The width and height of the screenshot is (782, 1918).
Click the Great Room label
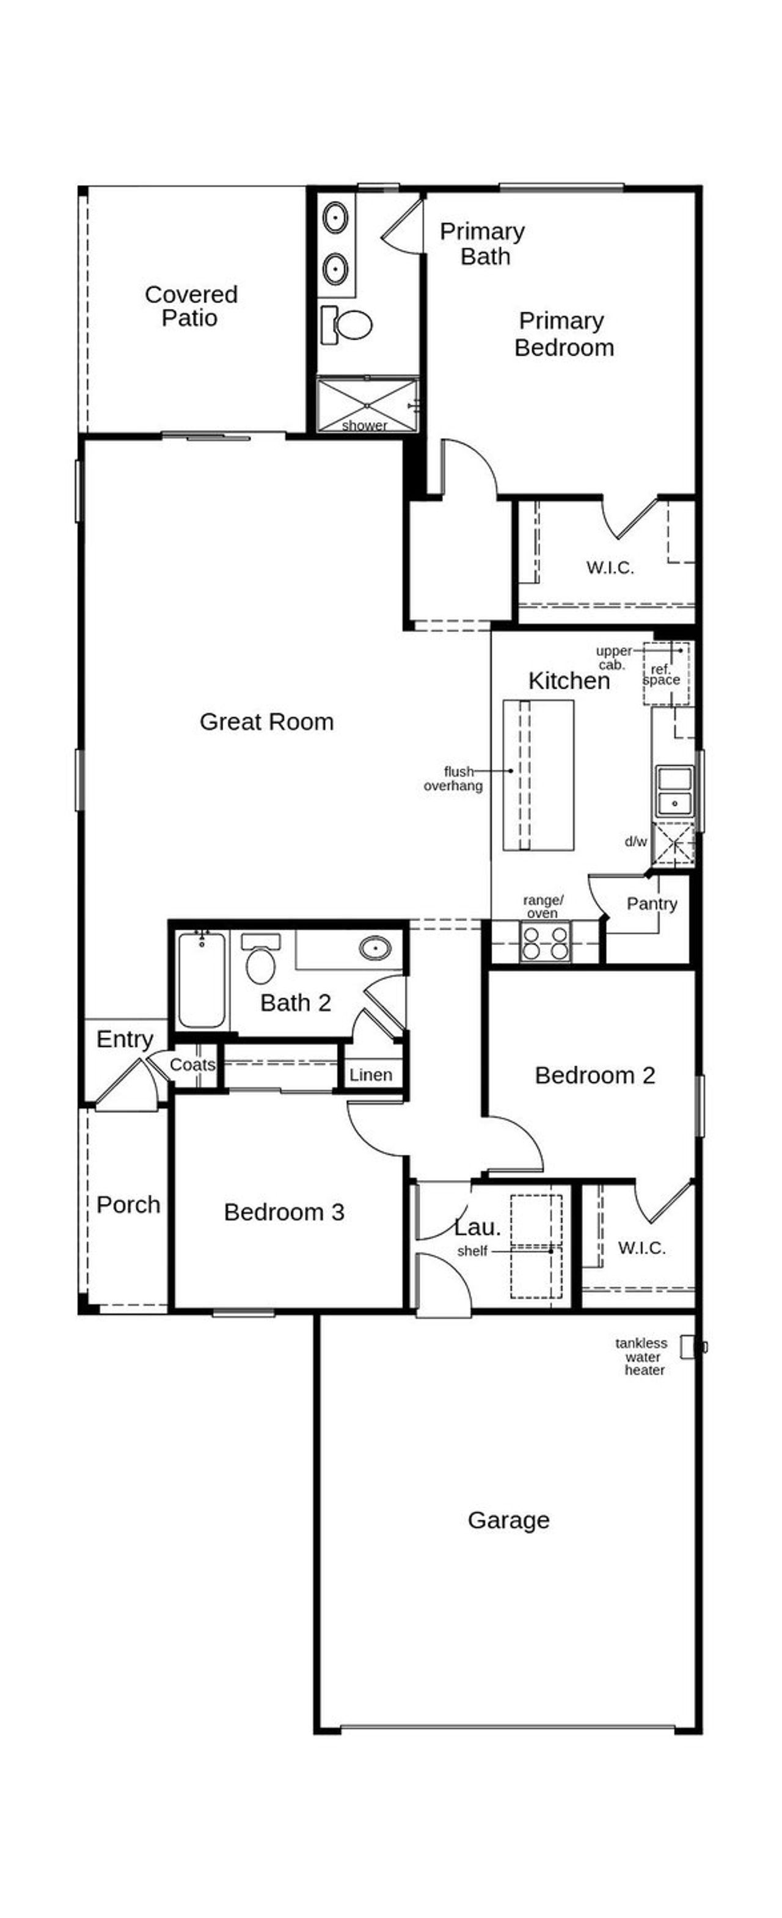click(x=266, y=721)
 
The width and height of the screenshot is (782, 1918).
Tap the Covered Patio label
click(x=191, y=305)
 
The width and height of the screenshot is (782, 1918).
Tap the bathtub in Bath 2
click(x=201, y=979)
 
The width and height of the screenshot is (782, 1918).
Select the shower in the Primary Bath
click(x=367, y=405)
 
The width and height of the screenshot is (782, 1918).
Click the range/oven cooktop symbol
click(x=544, y=942)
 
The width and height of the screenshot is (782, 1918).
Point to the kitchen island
click(x=538, y=775)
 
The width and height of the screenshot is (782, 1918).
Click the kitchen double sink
click(x=674, y=791)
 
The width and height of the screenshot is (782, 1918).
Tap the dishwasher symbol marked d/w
click(x=673, y=844)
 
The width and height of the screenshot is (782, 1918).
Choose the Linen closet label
click(x=370, y=1074)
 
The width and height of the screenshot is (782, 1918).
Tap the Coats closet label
click(x=192, y=1064)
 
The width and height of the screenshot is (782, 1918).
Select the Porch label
click(x=128, y=1204)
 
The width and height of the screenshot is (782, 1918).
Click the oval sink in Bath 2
click(x=375, y=948)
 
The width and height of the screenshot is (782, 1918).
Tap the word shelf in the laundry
click(x=472, y=1251)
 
